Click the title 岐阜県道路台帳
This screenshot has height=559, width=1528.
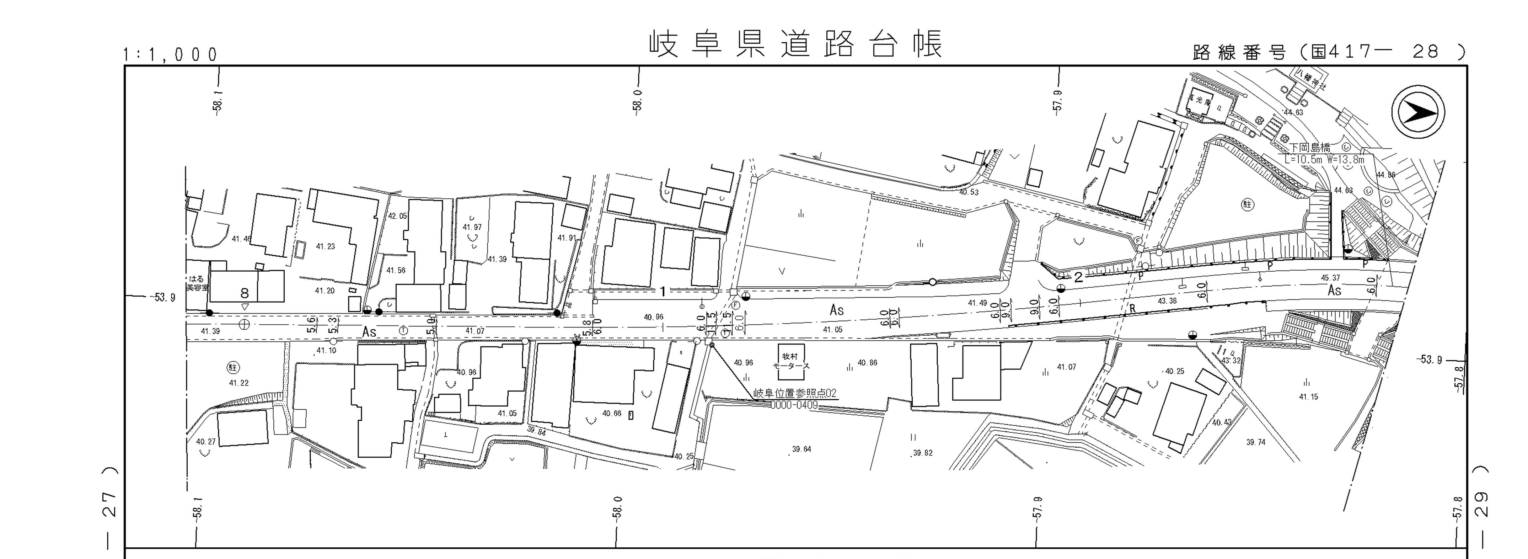795,44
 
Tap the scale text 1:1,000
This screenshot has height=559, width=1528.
170,55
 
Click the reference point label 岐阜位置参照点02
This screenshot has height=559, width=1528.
794,393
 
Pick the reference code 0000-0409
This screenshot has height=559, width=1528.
794,405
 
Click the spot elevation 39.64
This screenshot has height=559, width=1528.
801,449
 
